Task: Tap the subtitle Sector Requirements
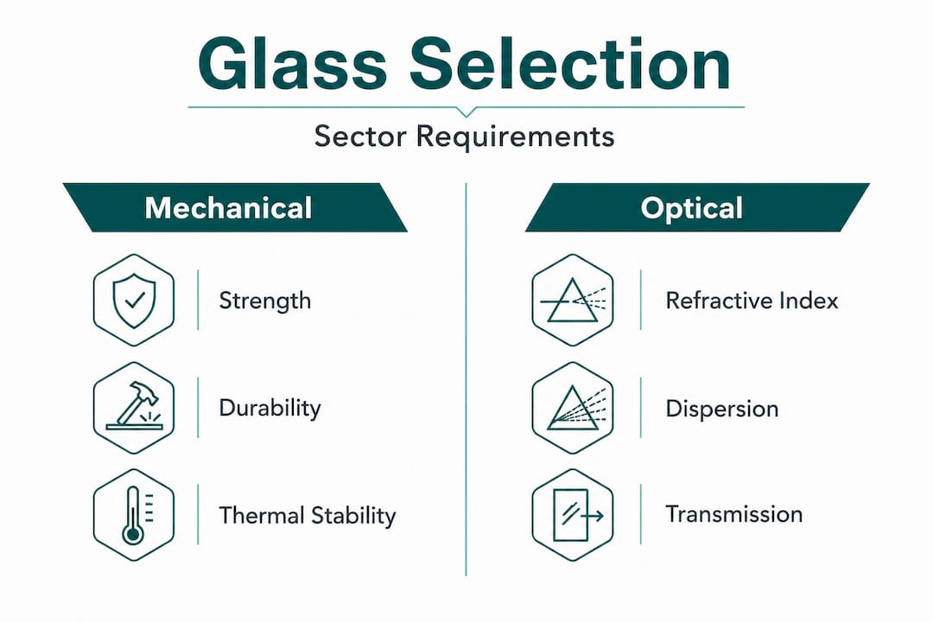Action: coord(465,136)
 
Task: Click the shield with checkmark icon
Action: coord(133,300)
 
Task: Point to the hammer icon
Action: coord(133,407)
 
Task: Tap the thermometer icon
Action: coord(133,516)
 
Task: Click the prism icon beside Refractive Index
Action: coord(573,300)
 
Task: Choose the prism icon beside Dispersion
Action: coord(573,407)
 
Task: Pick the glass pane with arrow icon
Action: coord(573,516)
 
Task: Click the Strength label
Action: coord(264,301)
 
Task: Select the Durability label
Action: coord(270,408)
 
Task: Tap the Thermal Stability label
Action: coord(307,517)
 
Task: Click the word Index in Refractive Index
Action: coord(808,301)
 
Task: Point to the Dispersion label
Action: coord(721,408)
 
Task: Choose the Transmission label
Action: coord(733,514)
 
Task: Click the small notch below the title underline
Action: coord(466,111)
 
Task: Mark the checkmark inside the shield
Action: coord(133,300)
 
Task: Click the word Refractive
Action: coord(716,301)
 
